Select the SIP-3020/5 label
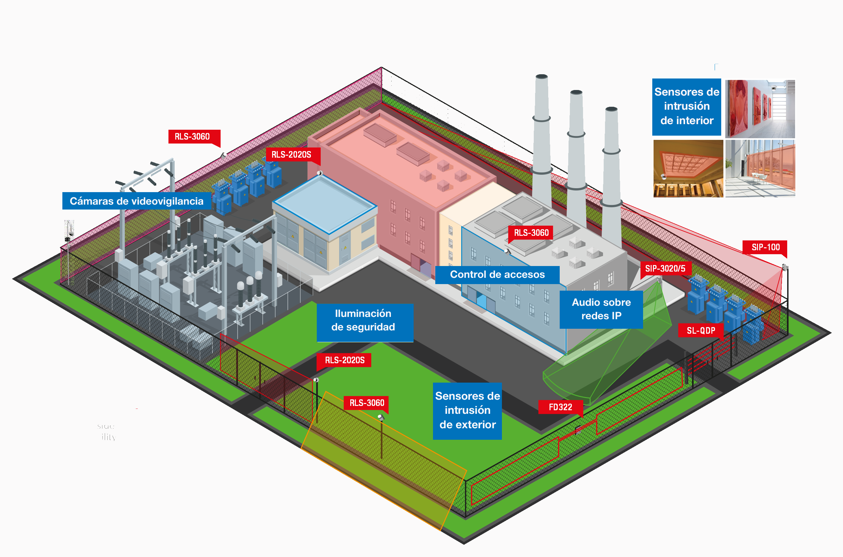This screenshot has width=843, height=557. (665, 269)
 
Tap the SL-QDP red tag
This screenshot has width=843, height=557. (701, 331)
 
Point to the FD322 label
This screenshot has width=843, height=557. (560, 407)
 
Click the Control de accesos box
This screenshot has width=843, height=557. (497, 275)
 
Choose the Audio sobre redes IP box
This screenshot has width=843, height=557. (601, 309)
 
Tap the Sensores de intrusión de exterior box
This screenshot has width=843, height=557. (467, 411)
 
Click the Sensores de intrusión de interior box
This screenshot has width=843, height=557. (686, 106)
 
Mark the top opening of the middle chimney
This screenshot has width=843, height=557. (576, 92)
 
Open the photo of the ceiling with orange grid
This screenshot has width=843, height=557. (688, 168)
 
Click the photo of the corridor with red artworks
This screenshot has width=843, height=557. (760, 109)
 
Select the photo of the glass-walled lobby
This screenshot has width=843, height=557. (760, 168)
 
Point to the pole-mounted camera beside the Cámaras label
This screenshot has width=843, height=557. (69, 231)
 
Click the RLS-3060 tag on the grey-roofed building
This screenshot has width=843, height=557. (531, 233)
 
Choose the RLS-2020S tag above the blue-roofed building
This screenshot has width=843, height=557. (291, 155)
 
